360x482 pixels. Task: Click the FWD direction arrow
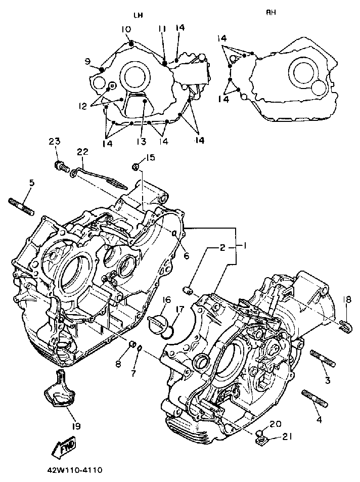pyautogui.click(x=63, y=446)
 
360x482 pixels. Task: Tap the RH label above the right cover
pyautogui.click(x=272, y=13)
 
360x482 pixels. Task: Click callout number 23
pyautogui.click(x=55, y=142)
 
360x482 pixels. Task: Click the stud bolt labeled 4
pyautogui.click(x=315, y=398)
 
